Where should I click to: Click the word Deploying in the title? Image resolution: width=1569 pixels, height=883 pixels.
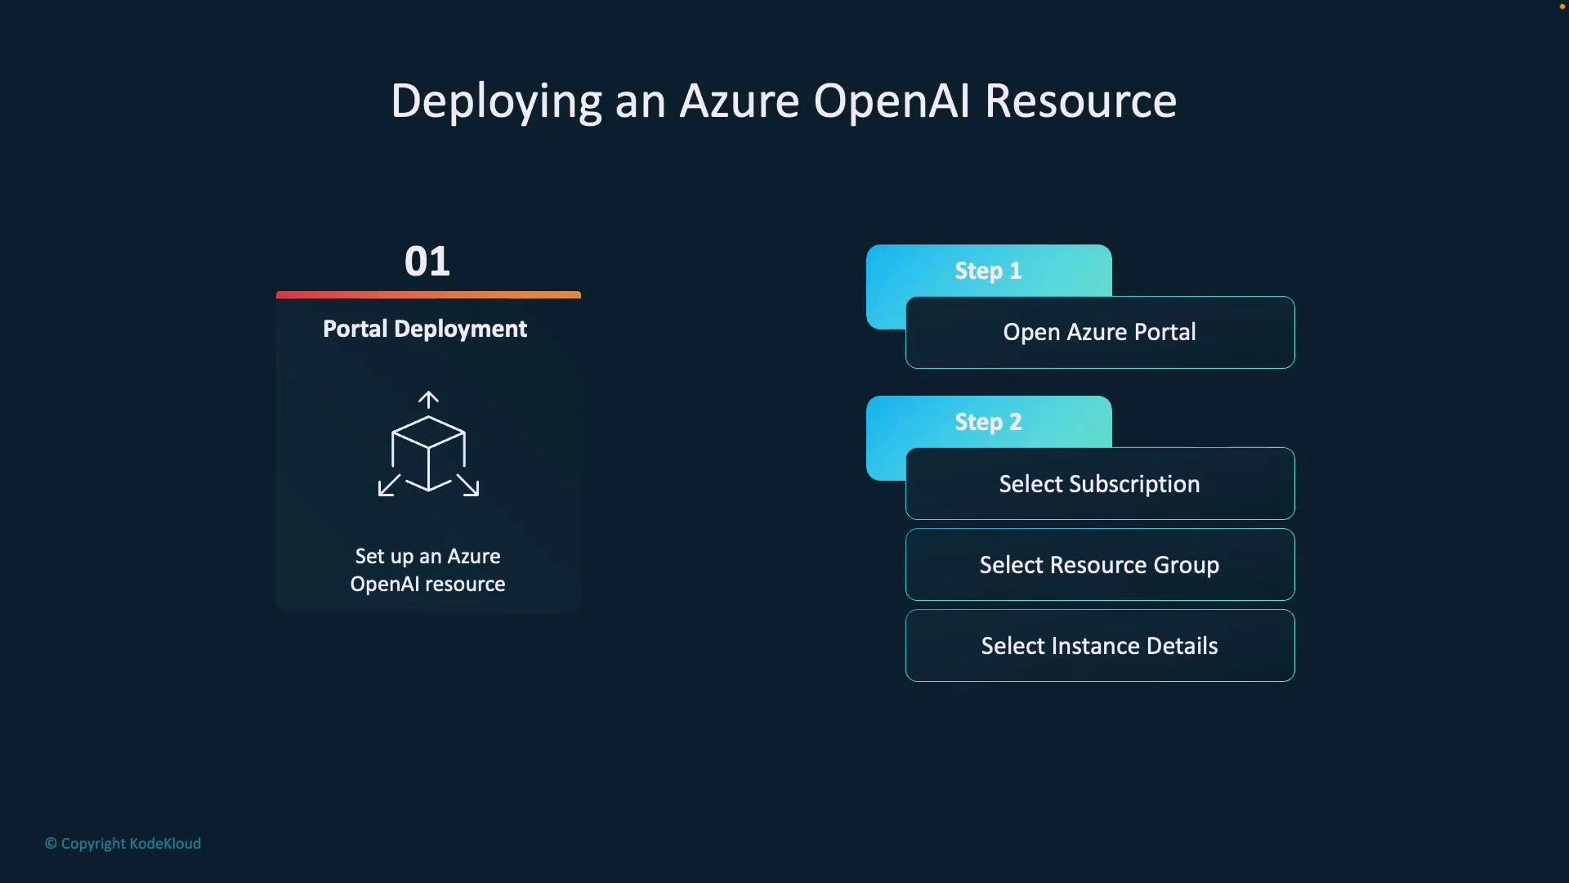[x=495, y=102]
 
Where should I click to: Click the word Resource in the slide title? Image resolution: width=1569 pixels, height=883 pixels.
[x=1080, y=102]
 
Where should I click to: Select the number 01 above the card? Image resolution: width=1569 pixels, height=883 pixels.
[x=427, y=262]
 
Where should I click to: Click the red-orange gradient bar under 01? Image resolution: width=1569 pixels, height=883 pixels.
[x=428, y=294]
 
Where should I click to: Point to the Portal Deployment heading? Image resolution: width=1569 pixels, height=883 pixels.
[x=425, y=329]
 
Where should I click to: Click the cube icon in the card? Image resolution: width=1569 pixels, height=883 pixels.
[x=428, y=452]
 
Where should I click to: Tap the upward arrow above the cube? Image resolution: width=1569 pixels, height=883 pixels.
[x=428, y=399]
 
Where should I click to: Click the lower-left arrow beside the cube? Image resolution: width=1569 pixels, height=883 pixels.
[x=389, y=486]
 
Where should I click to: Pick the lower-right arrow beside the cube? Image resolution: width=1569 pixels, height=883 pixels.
[x=468, y=486]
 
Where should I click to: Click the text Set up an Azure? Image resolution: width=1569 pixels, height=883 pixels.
[x=427, y=557]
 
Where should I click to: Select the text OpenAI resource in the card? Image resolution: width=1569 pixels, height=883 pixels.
[x=427, y=585]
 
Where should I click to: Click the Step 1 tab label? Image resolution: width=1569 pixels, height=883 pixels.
[x=988, y=271]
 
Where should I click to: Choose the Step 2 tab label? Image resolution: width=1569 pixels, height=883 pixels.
[x=988, y=422]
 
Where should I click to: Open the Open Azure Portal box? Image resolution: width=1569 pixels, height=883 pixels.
[x=1099, y=333]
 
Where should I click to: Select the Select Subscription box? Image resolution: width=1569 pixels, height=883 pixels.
[x=1099, y=484]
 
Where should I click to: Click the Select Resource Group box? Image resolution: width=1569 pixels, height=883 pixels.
[x=1099, y=565]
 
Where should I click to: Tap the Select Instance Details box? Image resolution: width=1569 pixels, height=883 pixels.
[x=1099, y=646]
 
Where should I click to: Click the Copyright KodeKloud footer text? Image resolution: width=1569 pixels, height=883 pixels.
[x=123, y=844]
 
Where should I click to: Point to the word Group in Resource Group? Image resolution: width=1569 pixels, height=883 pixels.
[x=1186, y=566]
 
